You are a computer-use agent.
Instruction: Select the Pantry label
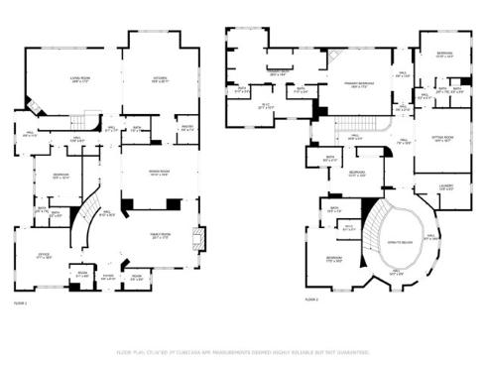coord(185,127)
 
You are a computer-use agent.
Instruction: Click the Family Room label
coord(162,236)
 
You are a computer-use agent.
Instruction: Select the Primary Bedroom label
coord(356,85)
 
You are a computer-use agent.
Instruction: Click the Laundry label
coord(445,185)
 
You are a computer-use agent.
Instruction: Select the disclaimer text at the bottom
coord(243,351)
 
